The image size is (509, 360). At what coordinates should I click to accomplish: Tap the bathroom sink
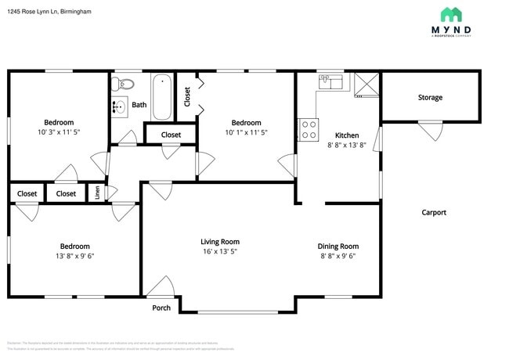click(119, 107)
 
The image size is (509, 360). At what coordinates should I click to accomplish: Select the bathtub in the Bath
click(162, 96)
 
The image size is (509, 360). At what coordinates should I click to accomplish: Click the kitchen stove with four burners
click(308, 129)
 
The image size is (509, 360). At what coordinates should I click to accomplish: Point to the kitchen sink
click(332, 82)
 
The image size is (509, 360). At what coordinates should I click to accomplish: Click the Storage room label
click(430, 98)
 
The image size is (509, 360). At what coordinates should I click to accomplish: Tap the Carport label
click(434, 212)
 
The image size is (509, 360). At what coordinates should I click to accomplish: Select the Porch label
click(161, 308)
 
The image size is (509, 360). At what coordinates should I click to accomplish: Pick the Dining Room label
click(338, 246)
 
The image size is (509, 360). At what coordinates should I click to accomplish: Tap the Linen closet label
click(98, 193)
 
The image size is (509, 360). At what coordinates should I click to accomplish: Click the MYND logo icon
click(450, 14)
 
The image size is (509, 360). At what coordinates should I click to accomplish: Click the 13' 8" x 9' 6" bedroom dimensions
click(75, 256)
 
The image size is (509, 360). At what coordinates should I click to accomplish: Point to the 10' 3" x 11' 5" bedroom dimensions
click(59, 134)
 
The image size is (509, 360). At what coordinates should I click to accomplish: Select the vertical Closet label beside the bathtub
click(187, 96)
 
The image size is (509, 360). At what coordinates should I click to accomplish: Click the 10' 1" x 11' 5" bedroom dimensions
click(246, 134)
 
